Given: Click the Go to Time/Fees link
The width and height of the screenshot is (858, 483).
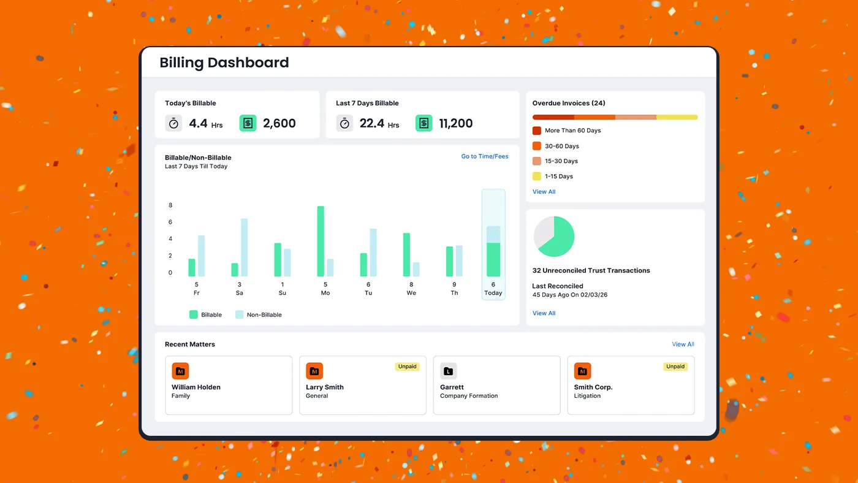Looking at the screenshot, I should click(x=484, y=156).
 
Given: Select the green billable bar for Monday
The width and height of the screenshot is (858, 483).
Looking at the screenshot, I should click(x=321, y=241).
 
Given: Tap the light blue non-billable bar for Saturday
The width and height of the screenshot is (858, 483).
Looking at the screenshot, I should click(x=244, y=247).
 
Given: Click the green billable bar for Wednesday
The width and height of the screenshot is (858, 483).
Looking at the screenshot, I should click(x=406, y=254).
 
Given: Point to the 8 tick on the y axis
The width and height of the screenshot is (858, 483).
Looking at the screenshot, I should click(x=170, y=205).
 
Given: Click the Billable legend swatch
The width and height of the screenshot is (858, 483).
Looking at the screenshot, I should click(x=194, y=314).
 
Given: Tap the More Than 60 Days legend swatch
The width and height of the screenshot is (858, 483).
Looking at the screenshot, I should click(x=537, y=131).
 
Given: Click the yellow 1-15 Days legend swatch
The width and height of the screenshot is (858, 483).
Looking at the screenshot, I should click(x=537, y=177).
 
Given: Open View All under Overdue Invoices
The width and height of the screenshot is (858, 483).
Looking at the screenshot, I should click(x=544, y=192).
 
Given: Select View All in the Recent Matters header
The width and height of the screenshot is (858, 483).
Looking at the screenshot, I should click(x=683, y=344).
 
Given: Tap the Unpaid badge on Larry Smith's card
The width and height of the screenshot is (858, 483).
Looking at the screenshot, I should click(x=407, y=367).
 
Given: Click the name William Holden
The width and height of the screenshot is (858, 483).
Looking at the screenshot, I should click(x=196, y=387).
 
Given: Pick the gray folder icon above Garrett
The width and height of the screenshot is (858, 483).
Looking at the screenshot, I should click(x=448, y=371).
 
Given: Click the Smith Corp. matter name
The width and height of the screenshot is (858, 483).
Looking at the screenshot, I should click(x=593, y=387).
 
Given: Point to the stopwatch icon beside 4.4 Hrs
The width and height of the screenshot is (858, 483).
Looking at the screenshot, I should click(x=173, y=123).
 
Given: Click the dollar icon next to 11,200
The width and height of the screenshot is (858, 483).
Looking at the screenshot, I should click(x=423, y=123).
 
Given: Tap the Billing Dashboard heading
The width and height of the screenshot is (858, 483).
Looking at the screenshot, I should click(x=224, y=63).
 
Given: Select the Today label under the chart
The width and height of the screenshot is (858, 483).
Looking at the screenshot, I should click(x=493, y=293).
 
